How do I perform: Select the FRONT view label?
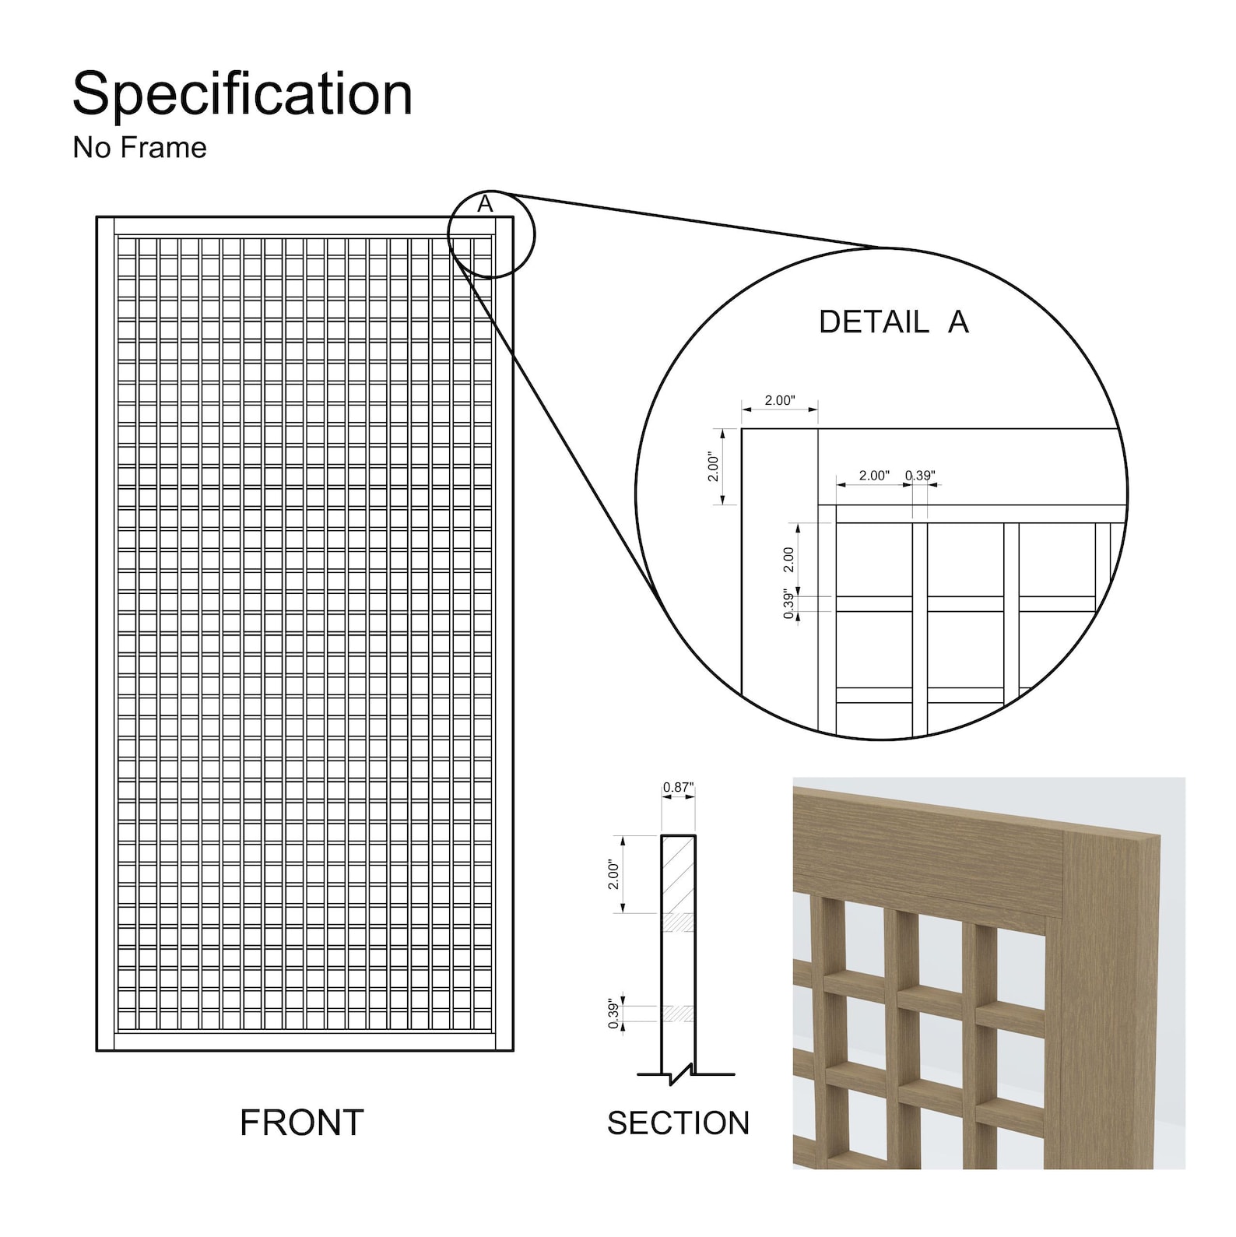point(301,1123)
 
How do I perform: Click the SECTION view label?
point(678,1123)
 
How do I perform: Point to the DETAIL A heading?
point(894,322)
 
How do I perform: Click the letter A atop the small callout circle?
point(485,204)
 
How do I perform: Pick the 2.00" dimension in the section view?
point(613,874)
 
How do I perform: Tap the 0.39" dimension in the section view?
point(614,1014)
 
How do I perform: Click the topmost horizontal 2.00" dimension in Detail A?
point(779,400)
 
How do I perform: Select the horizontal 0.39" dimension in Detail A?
point(920,475)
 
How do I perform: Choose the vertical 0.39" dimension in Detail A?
point(789,605)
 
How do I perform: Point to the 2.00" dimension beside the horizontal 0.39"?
point(873,475)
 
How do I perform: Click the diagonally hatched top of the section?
point(678,873)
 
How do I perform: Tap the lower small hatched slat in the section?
point(678,1014)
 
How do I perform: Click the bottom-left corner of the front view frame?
point(97,1050)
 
